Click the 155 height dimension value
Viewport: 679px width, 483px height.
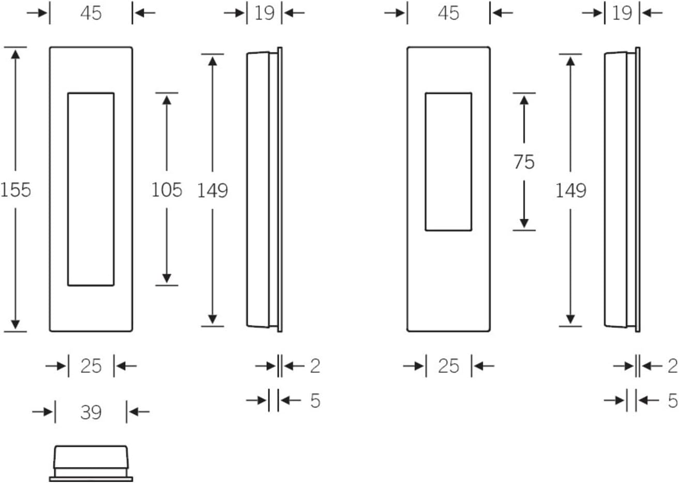point(16,190)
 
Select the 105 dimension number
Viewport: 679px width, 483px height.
point(167,190)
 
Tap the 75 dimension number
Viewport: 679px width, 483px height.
point(524,162)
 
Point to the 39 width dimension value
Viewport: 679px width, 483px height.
point(91,412)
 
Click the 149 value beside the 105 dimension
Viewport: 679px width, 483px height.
point(213,190)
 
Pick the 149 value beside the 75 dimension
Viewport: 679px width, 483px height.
point(571,190)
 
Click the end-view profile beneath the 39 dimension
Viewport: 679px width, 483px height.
point(91,447)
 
